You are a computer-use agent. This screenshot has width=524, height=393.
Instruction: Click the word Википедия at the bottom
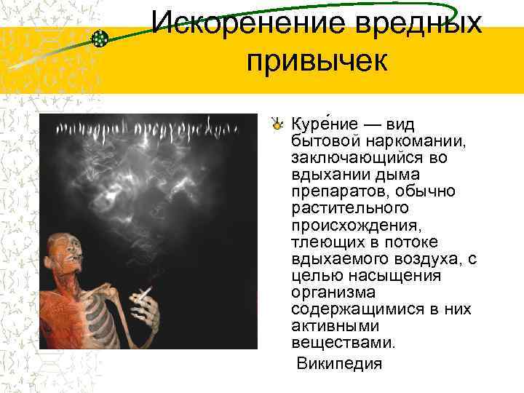339,363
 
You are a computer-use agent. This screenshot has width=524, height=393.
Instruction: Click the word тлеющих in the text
320,242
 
